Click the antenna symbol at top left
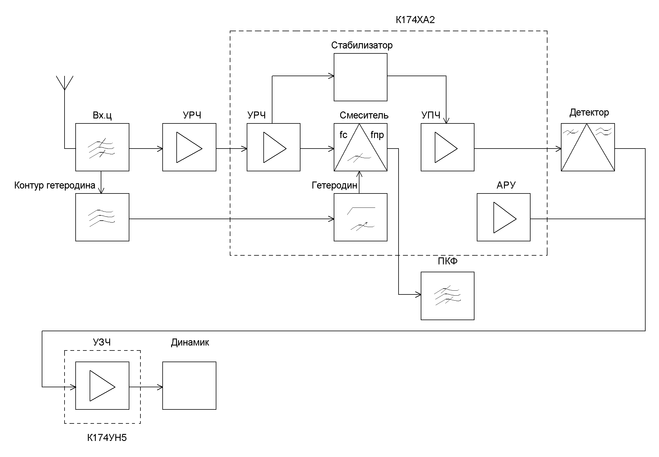tap(65, 83)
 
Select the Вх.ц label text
tap(102, 116)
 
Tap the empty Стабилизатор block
tap(360, 77)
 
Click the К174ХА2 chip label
tap(415, 20)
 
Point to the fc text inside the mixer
tap(343, 135)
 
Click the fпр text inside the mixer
tap(377, 135)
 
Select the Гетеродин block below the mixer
tap(360, 217)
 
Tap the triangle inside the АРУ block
tap(503, 217)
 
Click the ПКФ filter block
tap(447, 296)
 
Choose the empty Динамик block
tap(189, 386)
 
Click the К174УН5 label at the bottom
tap(107, 438)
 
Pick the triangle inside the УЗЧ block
tap(100, 386)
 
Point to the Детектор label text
tap(589, 113)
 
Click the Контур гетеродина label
tap(55, 185)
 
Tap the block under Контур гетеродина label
tap(102, 217)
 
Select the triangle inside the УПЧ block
tap(444, 147)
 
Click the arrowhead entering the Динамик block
tap(161, 387)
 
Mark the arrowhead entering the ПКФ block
tap(419, 295)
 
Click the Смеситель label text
tap(364, 115)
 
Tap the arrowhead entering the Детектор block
tap(559, 149)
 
